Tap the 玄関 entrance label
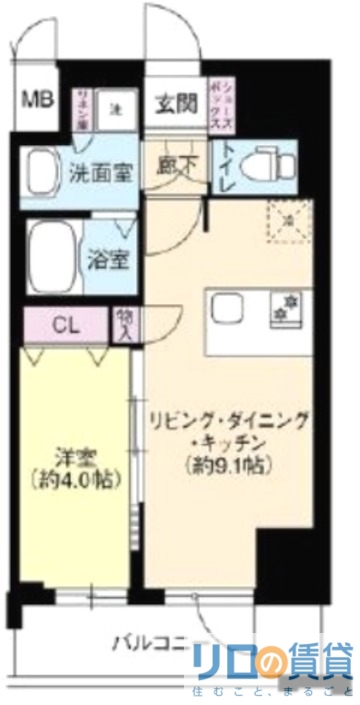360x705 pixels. pos(174,102)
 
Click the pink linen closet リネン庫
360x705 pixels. pos(84,108)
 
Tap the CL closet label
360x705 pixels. pos(63,325)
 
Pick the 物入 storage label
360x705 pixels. pos(123,324)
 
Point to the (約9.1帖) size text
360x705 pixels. pos(227,465)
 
